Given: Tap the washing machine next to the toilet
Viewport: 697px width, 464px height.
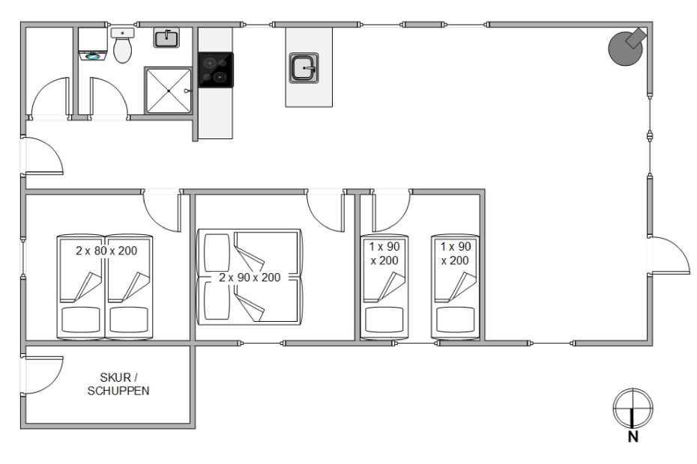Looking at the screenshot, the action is point(93,44).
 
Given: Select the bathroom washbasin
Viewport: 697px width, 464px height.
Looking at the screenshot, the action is point(166,37).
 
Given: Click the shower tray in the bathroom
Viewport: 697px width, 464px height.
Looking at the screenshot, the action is point(168,91).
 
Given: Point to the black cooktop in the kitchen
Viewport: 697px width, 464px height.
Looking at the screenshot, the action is point(216,70).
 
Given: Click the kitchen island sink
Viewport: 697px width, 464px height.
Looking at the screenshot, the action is point(304,68).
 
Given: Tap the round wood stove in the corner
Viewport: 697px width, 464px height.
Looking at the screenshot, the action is point(627,47).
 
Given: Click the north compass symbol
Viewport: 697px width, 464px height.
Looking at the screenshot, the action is point(633,408).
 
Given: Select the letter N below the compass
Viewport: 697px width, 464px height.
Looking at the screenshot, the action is point(633,437).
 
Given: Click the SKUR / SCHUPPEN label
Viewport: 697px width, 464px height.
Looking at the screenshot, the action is point(118,384).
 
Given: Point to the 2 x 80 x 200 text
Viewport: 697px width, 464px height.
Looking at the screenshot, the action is point(106,251).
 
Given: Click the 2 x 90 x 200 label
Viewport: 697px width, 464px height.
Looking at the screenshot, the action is point(250,278).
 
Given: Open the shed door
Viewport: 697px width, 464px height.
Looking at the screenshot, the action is point(43,374).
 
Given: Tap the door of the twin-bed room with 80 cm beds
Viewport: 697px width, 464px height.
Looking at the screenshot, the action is point(162,211).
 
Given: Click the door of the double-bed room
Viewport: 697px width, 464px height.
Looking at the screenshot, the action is point(325,211).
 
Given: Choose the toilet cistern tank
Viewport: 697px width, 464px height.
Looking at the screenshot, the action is point(123,33).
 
